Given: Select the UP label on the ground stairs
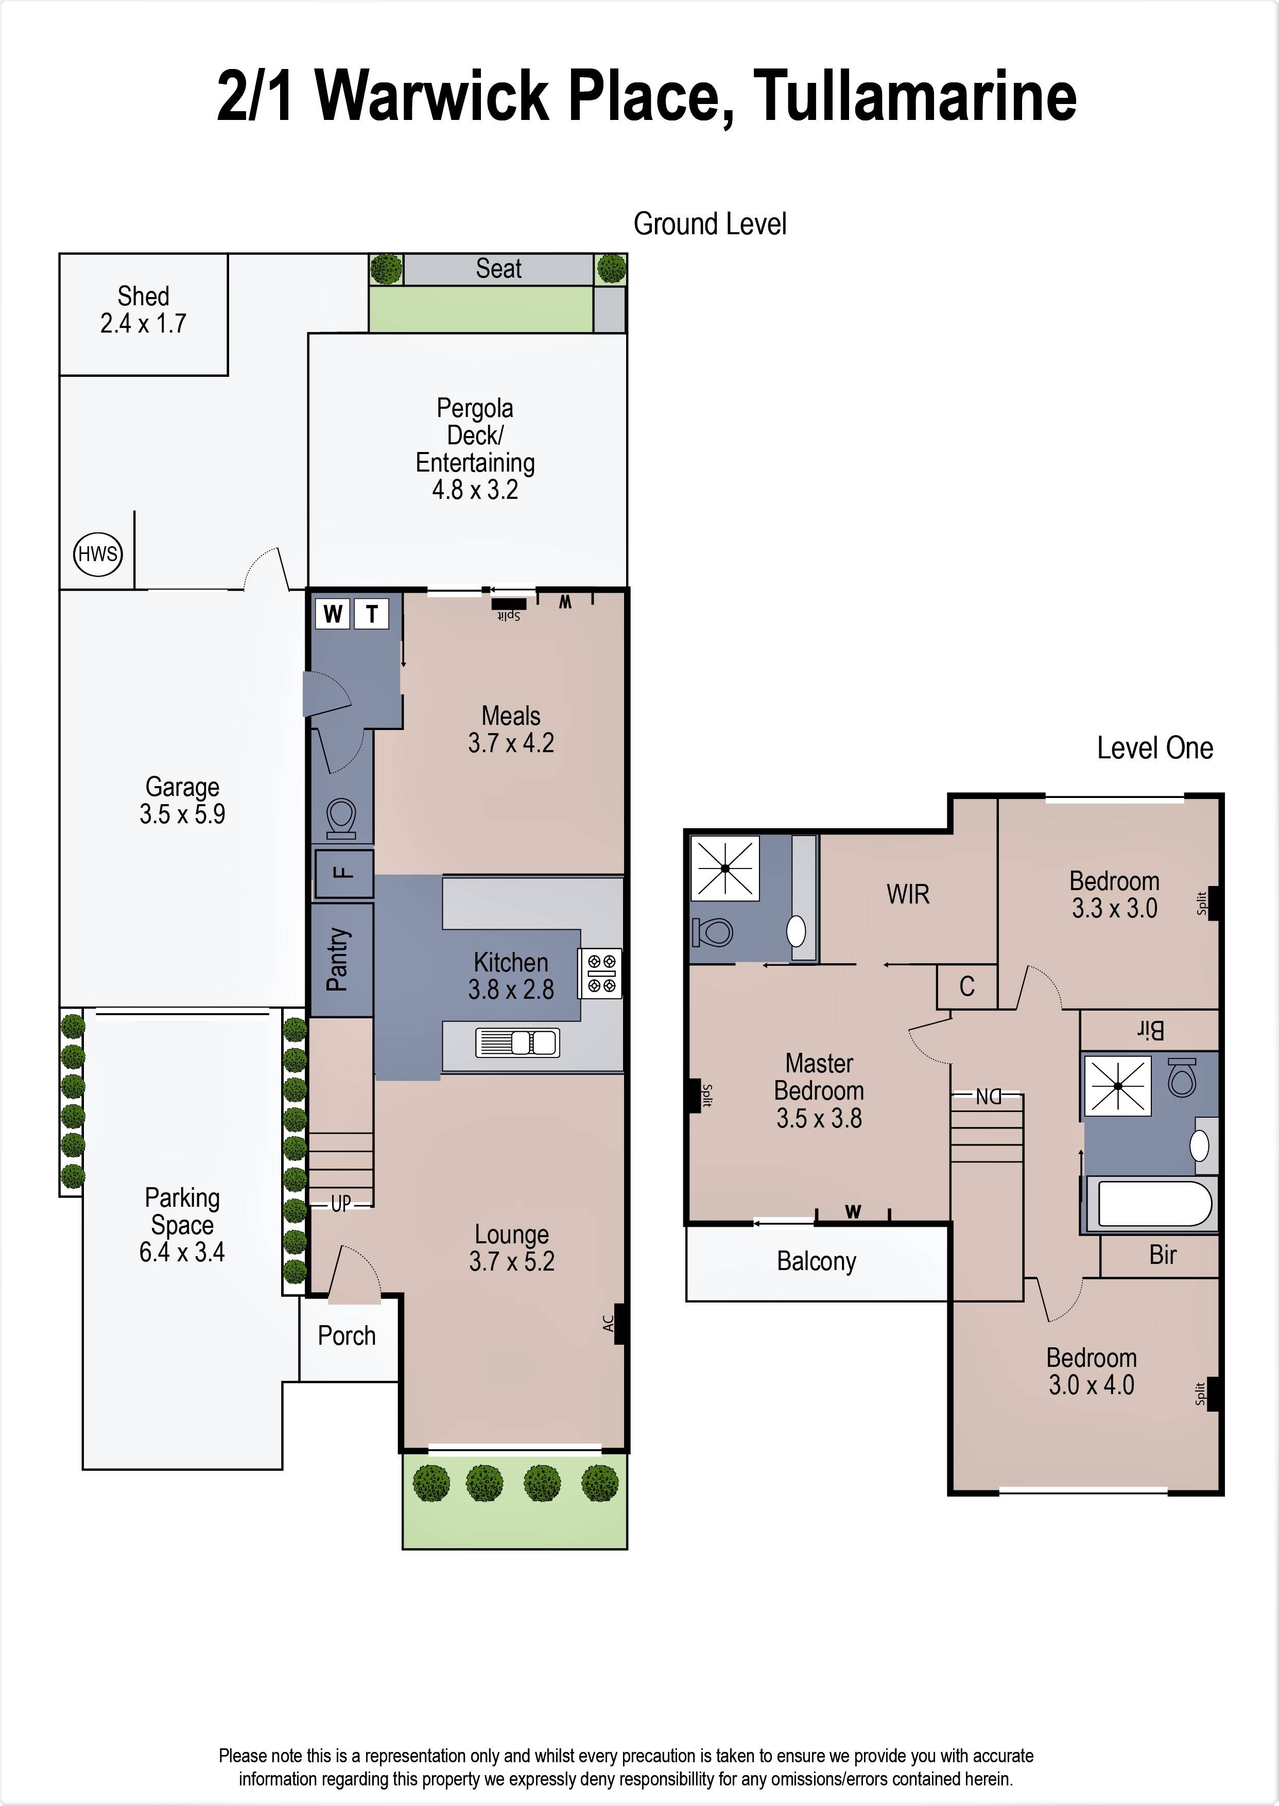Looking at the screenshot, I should point(341,1203).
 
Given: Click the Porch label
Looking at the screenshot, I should point(347,1335).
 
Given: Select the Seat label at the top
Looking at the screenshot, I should point(498,268).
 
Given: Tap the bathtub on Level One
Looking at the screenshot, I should point(1153,1204).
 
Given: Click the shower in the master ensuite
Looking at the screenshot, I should point(724,867).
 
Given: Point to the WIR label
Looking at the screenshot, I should point(908,894).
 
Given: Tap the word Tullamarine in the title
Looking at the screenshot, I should point(914,96).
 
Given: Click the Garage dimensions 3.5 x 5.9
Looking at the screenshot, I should point(183,813).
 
